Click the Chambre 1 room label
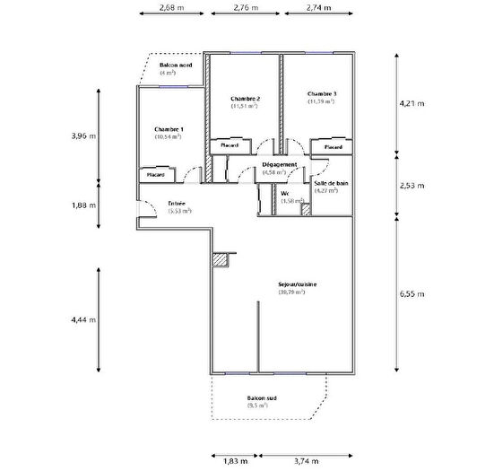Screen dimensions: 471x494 169,130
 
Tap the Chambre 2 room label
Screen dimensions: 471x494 245,99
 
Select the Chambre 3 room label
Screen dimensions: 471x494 321,94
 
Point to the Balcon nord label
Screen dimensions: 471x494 176,66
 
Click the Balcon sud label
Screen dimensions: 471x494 262,398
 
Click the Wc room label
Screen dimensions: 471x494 284,193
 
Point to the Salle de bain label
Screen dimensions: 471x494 326,183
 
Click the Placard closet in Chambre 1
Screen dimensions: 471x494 158,175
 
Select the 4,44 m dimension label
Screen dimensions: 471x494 83,319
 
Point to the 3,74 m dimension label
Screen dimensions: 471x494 308,459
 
